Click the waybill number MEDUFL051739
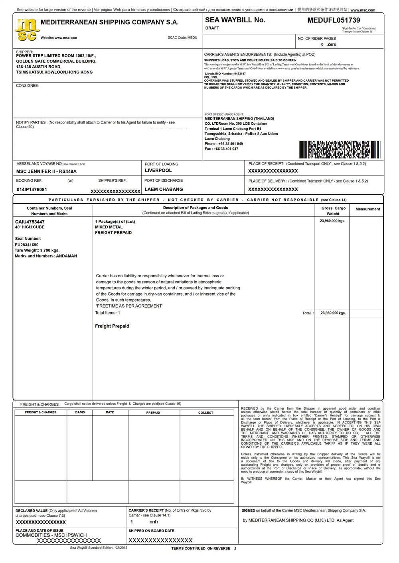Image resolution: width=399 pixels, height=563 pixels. click(334, 20)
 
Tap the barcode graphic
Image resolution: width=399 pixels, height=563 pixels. click(339, 149)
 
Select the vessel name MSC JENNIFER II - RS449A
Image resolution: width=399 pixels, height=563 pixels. click(46, 171)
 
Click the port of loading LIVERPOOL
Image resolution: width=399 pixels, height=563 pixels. click(158, 171)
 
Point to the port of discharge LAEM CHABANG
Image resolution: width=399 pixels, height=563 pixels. click(164, 189)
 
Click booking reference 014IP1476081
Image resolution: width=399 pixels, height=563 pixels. click(32, 190)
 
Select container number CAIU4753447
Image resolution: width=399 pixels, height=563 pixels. click(30, 222)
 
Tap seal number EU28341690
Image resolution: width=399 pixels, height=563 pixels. click(27, 245)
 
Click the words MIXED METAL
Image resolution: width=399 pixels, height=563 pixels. click(109, 227)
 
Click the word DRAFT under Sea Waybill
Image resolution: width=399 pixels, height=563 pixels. click(212, 28)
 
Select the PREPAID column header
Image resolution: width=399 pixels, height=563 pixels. click(153, 413)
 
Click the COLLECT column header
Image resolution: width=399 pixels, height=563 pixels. click(206, 413)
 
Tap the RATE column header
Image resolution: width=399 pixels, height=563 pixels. click(110, 412)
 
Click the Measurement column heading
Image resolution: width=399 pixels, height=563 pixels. click(367, 209)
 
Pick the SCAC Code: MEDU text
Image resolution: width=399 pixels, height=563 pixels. click(182, 38)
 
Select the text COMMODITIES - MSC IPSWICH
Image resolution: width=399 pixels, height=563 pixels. click(51, 535)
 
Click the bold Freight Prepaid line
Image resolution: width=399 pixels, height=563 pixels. click(112, 326)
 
